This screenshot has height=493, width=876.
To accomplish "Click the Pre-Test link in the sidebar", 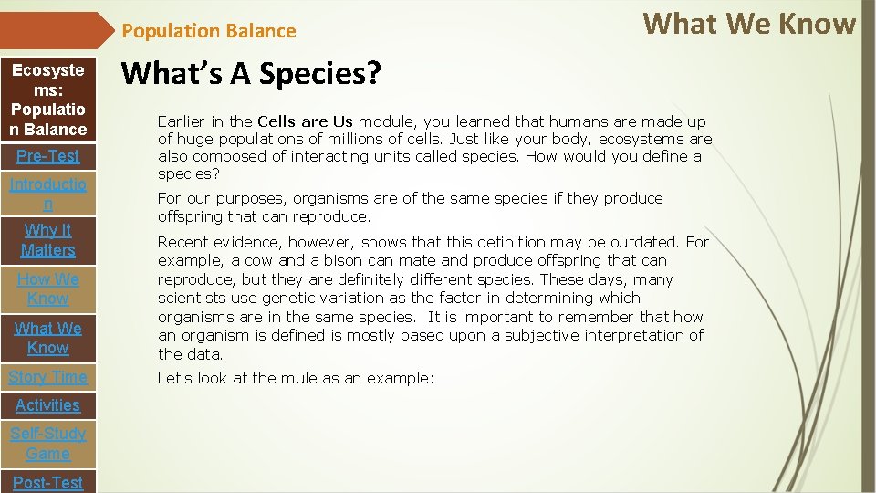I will pyautogui.click(x=47, y=156).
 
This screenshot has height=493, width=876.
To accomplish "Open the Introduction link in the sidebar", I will pyautogui.click(x=47, y=194).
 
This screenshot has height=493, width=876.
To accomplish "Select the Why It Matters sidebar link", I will pyautogui.click(x=47, y=240).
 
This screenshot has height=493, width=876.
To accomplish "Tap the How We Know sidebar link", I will pyautogui.click(x=47, y=288).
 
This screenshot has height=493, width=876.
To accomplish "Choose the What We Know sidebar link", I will pyautogui.click(x=47, y=338).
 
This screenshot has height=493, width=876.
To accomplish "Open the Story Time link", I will pyautogui.click(x=47, y=377).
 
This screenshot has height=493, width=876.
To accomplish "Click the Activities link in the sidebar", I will pyautogui.click(x=47, y=405).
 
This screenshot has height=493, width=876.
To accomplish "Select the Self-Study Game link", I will pyautogui.click(x=47, y=444).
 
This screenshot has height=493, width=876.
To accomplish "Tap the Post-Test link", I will pyautogui.click(x=47, y=482).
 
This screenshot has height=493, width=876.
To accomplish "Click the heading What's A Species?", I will pyautogui.click(x=251, y=74).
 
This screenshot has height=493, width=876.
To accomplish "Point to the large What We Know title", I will pyautogui.click(x=749, y=24).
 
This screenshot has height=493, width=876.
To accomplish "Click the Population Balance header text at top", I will pyautogui.click(x=209, y=31).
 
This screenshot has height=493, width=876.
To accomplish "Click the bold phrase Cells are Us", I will pyautogui.click(x=305, y=121).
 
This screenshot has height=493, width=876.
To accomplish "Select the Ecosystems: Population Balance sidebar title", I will pyautogui.click(x=47, y=100).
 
